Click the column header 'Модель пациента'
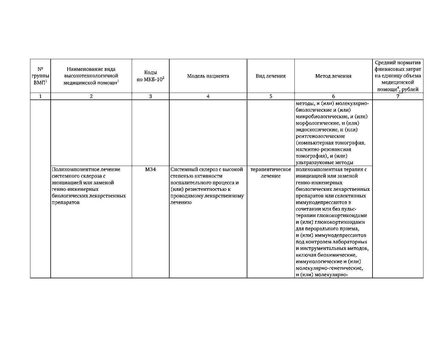[208, 76]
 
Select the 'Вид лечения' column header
[271, 76]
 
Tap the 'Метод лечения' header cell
[333, 76]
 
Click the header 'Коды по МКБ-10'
[150, 76]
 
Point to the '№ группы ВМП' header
[40, 76]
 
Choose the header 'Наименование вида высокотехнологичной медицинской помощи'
[91, 76]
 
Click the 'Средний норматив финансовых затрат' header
[398, 76]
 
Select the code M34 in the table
[150, 169]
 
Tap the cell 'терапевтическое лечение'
[271, 173]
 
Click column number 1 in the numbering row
[40, 96]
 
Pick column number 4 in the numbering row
[208, 96]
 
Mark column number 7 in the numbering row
[398, 96]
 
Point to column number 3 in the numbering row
[150, 96]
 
